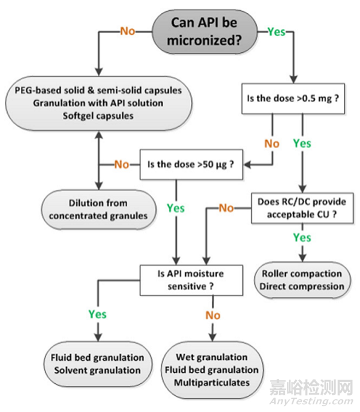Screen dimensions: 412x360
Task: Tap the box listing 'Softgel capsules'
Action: (x=96, y=103)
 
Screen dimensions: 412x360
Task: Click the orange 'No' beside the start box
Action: (x=129, y=29)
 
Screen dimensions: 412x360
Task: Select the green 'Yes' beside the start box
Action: (x=276, y=31)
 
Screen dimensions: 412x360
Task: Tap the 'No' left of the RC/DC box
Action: (x=227, y=208)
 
